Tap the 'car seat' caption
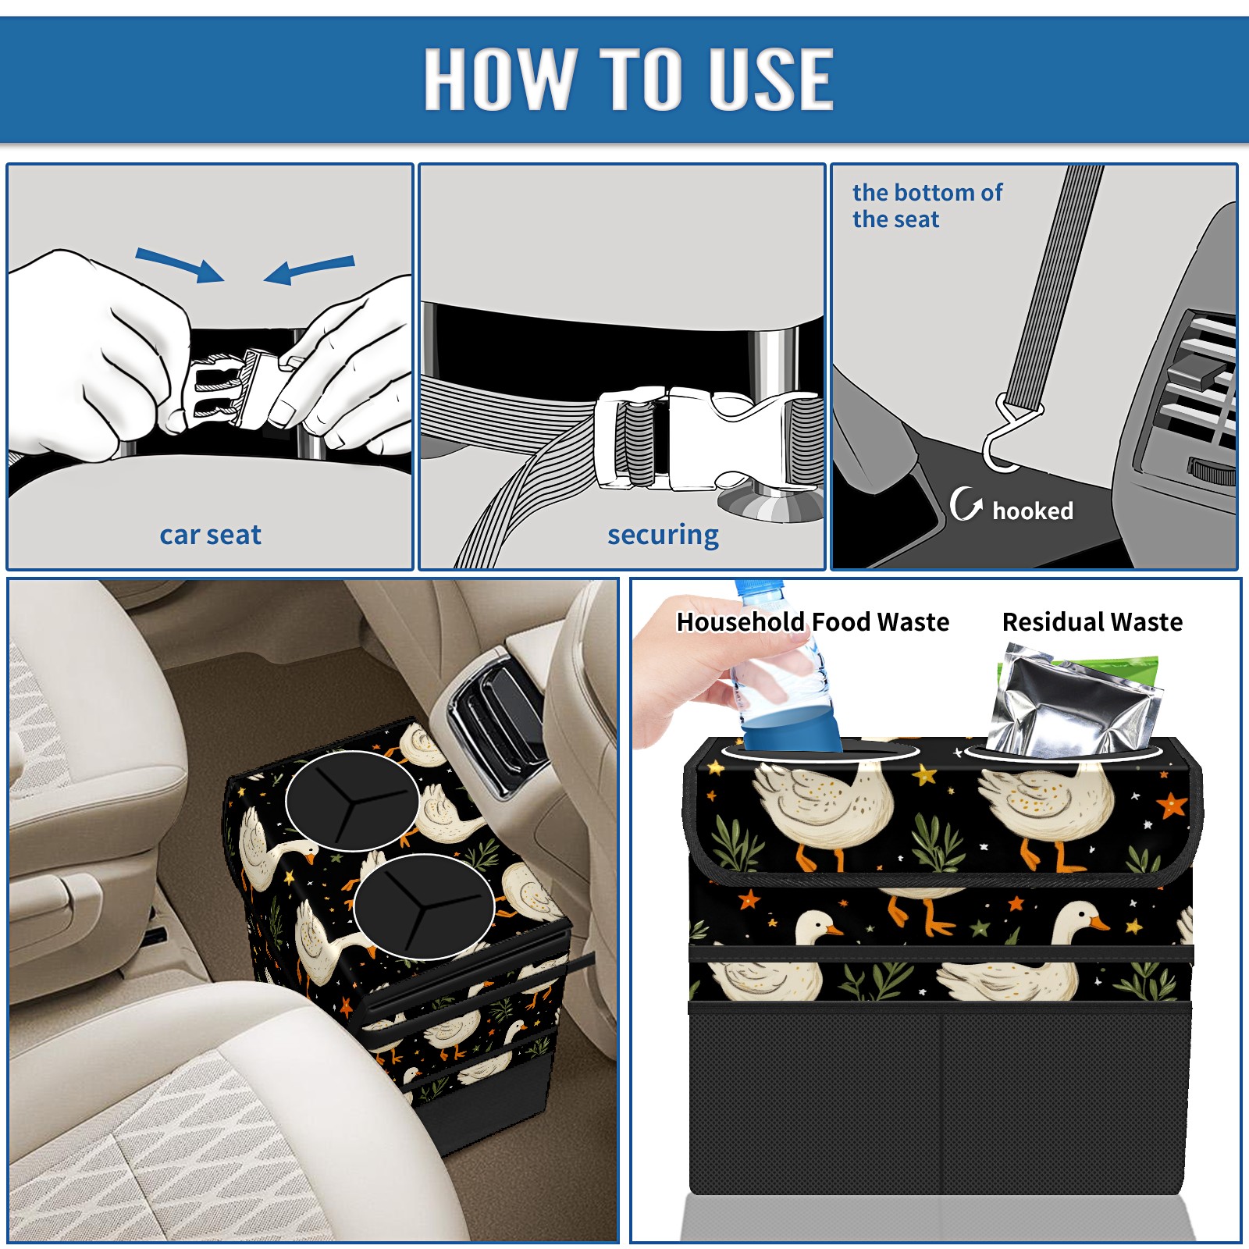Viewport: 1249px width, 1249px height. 210,535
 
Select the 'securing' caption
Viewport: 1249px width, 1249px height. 663,535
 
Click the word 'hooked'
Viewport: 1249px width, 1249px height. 1033,511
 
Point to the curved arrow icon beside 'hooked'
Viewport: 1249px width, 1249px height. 965,504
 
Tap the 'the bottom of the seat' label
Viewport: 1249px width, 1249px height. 927,206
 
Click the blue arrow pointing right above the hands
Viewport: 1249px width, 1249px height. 180,265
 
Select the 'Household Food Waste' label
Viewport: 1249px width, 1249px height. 813,622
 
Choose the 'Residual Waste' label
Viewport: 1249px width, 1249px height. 1092,622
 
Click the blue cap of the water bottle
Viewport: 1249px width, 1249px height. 759,586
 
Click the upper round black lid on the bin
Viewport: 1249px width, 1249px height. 352,801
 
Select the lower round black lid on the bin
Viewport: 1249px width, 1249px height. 424,907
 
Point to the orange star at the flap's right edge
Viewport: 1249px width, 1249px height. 1172,805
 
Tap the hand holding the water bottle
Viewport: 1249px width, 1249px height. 703,671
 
